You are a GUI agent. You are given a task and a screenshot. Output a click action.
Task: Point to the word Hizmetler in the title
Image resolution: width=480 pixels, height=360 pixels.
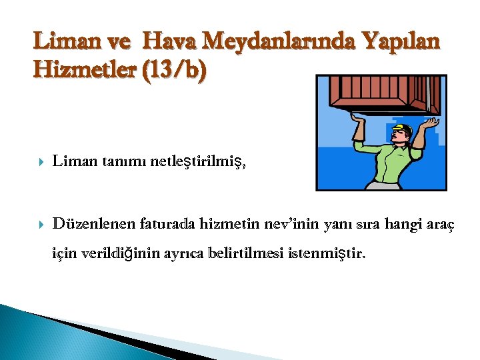coord(83,69)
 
